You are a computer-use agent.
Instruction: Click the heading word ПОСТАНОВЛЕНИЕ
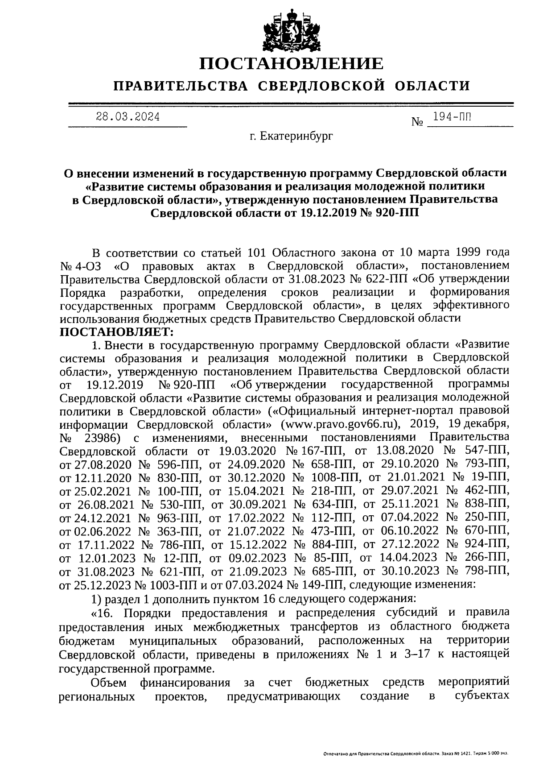pos(291,64)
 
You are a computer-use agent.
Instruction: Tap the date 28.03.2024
pos(128,118)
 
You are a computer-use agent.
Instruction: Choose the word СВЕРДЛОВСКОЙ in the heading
pos(322,85)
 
